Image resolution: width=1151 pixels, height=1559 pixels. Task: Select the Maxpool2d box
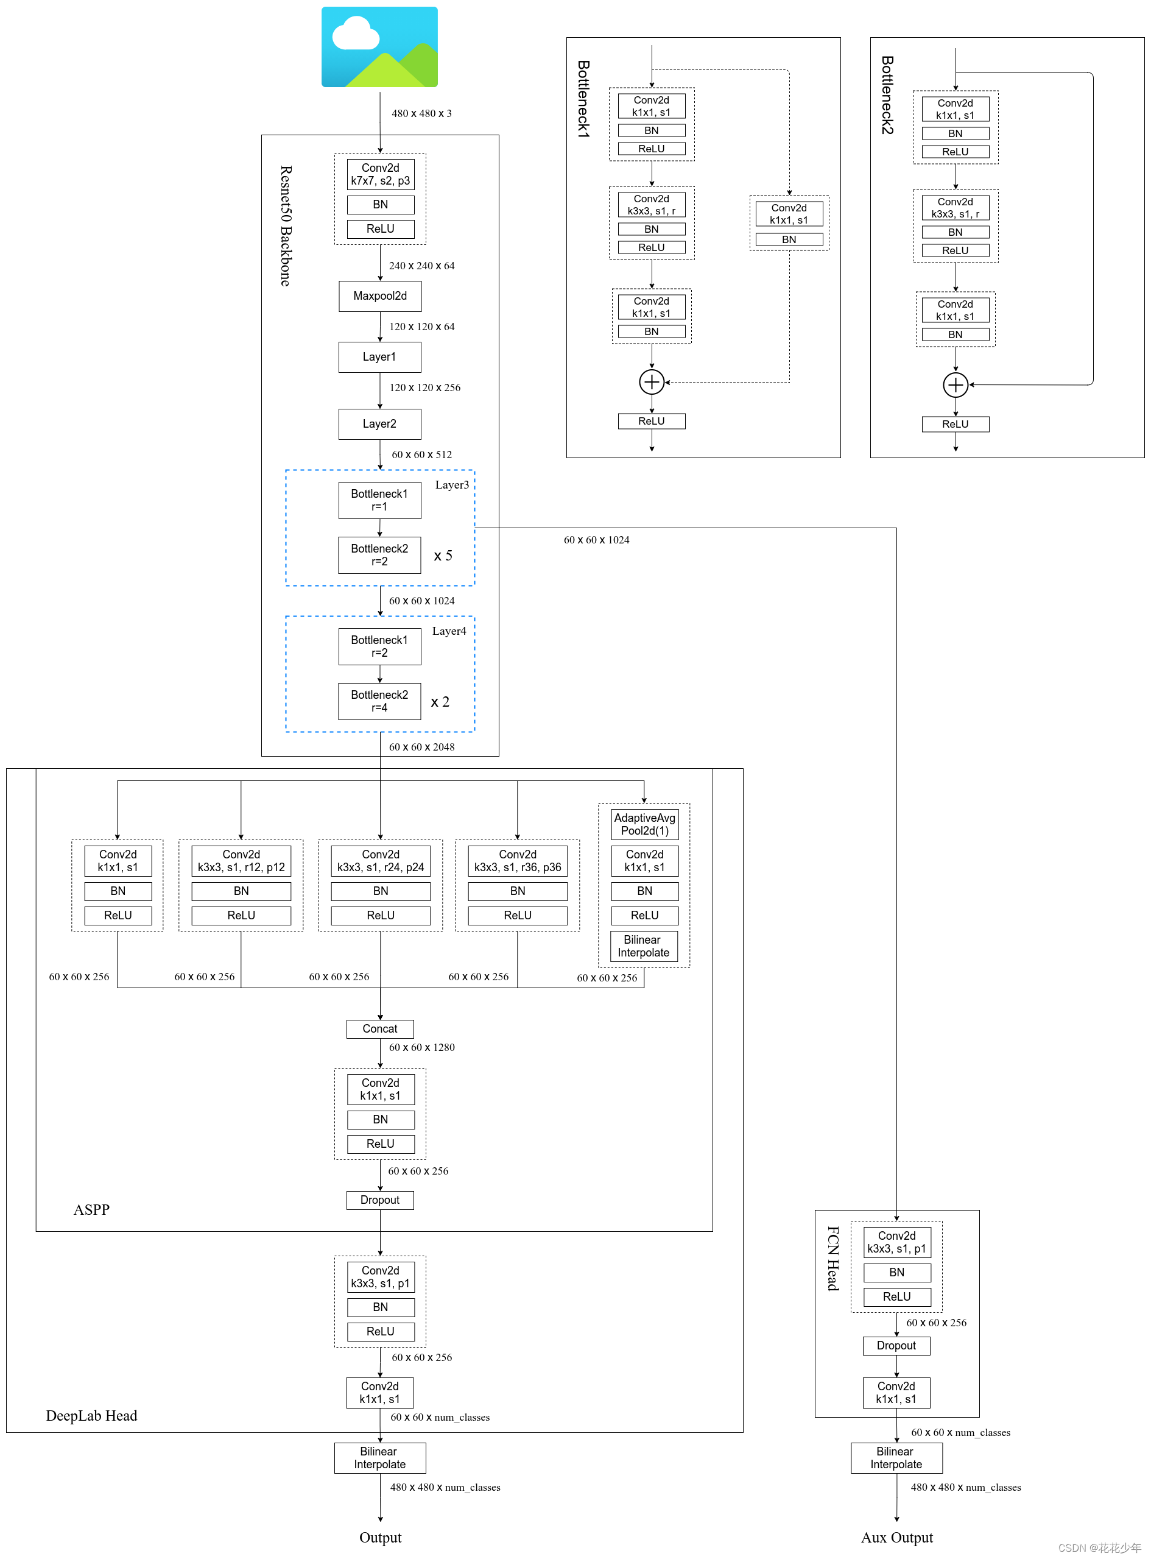380,296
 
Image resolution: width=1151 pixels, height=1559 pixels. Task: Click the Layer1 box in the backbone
380,357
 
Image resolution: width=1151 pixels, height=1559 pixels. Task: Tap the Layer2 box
380,424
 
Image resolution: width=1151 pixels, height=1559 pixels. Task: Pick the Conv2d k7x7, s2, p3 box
381,174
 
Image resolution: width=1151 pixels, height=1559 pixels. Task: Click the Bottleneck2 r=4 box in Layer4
380,701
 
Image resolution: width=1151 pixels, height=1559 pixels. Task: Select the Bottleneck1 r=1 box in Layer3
380,500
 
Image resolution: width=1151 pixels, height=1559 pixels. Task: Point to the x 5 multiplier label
443,556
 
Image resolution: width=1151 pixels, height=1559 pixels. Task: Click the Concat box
380,1028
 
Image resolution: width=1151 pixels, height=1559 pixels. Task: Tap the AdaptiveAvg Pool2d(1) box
644,824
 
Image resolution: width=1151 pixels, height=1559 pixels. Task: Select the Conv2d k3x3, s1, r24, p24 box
381,861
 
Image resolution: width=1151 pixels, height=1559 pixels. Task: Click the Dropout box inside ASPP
380,1200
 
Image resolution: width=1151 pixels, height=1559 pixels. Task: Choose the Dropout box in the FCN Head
896,1346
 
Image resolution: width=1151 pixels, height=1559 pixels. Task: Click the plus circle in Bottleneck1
652,382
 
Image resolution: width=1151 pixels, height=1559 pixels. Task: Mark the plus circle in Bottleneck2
956,384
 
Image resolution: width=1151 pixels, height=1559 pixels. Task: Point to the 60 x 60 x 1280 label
421,1047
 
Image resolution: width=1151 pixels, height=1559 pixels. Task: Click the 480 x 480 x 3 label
421,113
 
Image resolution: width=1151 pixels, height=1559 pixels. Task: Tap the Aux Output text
896,1538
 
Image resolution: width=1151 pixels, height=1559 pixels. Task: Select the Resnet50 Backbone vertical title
286,226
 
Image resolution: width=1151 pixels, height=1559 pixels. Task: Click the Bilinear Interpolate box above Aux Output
896,1458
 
